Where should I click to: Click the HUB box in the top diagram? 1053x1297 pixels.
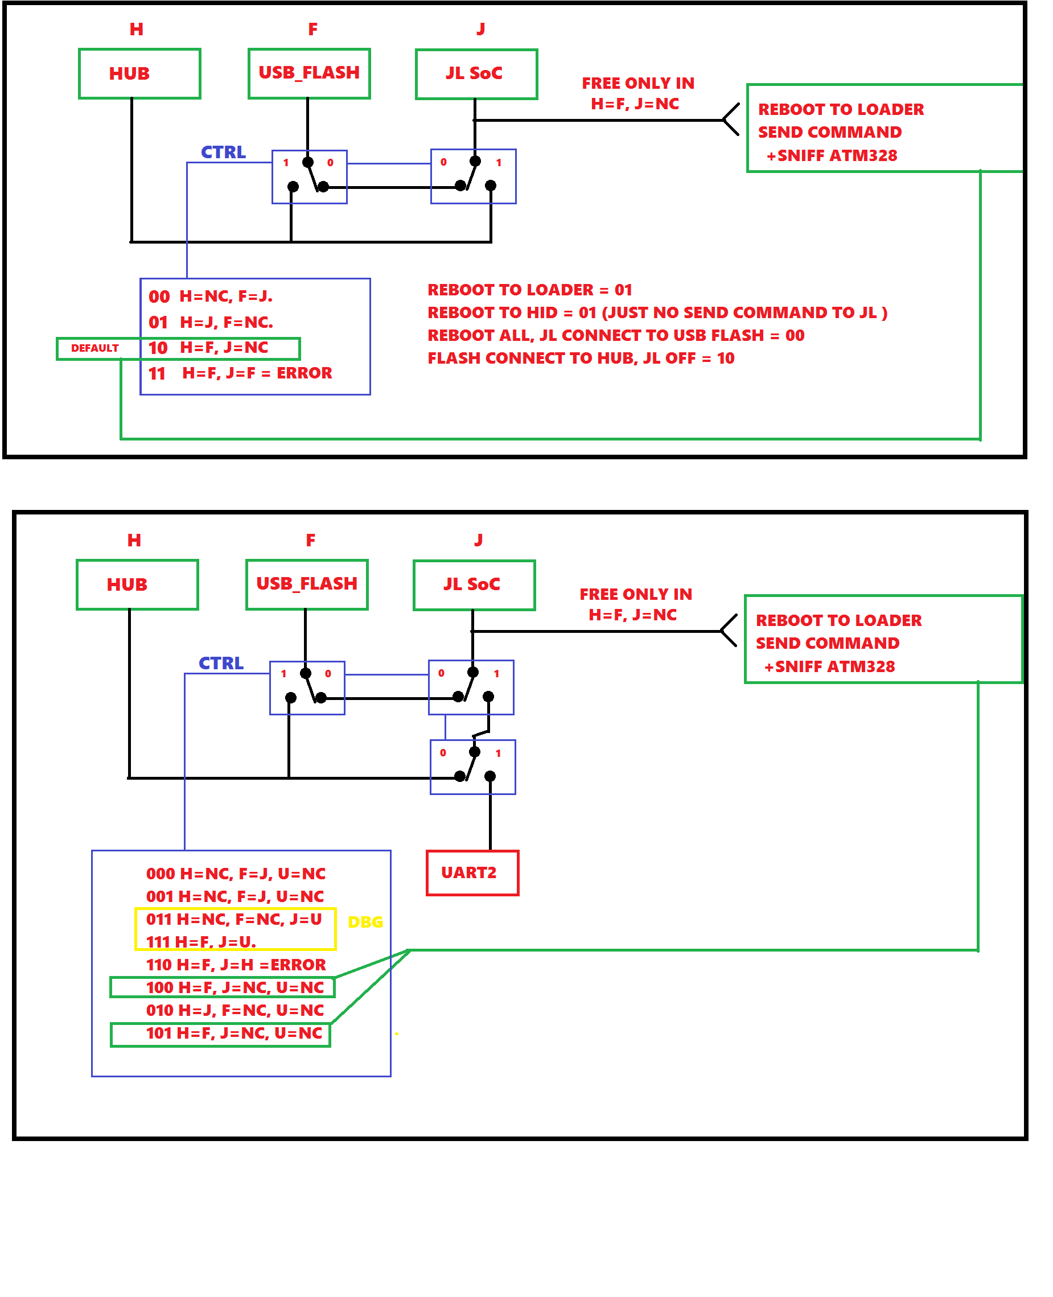139,73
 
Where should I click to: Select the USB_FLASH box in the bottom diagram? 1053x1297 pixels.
307,584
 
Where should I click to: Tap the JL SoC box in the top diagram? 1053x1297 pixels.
476,74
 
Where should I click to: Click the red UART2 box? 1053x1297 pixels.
472,872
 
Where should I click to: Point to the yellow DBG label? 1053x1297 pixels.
365,923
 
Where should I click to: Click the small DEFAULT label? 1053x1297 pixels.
94,348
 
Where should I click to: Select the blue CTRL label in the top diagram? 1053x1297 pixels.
223,152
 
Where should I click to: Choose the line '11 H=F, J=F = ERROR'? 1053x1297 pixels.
240,373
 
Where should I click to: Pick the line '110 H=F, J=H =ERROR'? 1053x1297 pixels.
236,965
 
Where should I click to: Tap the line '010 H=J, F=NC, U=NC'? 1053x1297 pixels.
235,1010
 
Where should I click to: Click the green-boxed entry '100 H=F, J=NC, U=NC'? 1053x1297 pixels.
235,987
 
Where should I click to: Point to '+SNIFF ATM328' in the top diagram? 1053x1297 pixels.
832,156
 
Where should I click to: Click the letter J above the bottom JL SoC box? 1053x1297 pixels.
479,540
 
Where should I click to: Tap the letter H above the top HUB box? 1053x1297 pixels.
137,29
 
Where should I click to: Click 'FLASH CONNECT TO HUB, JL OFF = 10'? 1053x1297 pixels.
581,359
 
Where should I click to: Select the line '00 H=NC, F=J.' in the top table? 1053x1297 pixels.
211,297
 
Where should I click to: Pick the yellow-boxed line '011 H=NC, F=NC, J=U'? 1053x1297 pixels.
234,919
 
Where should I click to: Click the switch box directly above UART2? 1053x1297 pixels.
472,767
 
